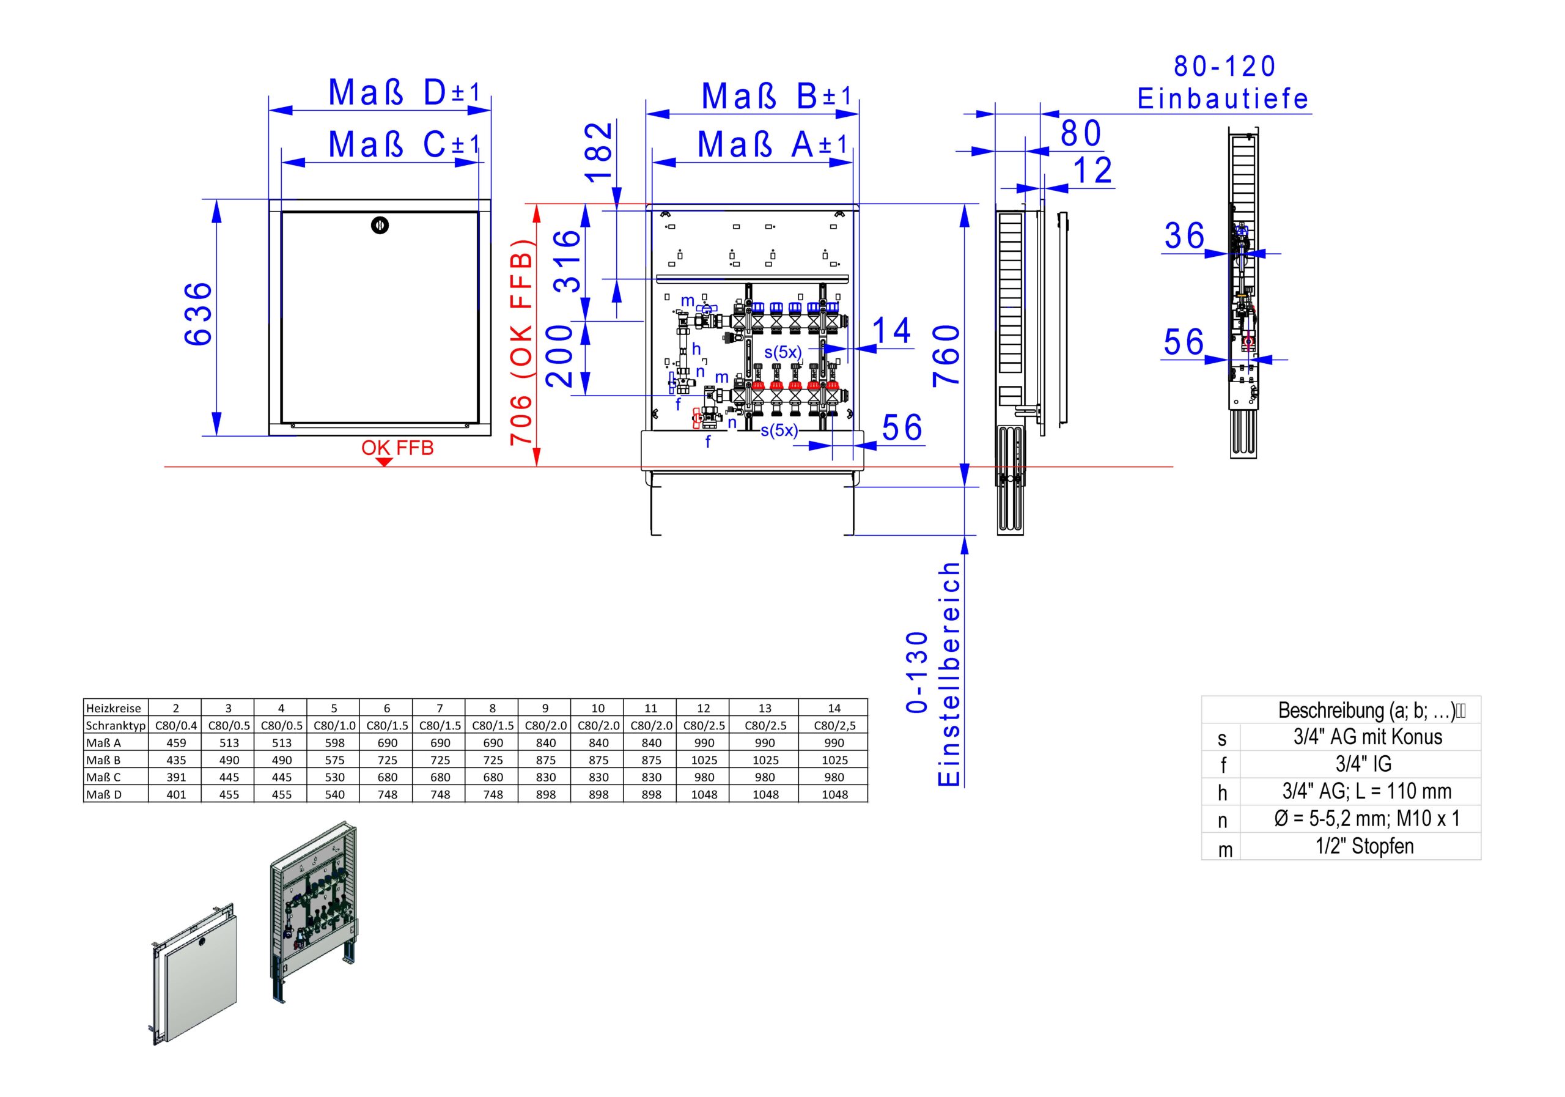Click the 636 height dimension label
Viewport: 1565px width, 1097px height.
tap(199, 314)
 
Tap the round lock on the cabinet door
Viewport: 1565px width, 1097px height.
tap(380, 225)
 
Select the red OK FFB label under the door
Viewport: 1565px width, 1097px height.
tap(397, 448)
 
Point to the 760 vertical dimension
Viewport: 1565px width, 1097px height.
tap(946, 355)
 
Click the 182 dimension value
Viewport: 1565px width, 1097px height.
tap(600, 152)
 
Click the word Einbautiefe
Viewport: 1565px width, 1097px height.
tap(1223, 100)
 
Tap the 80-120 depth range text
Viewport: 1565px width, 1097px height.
tap(1225, 66)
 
